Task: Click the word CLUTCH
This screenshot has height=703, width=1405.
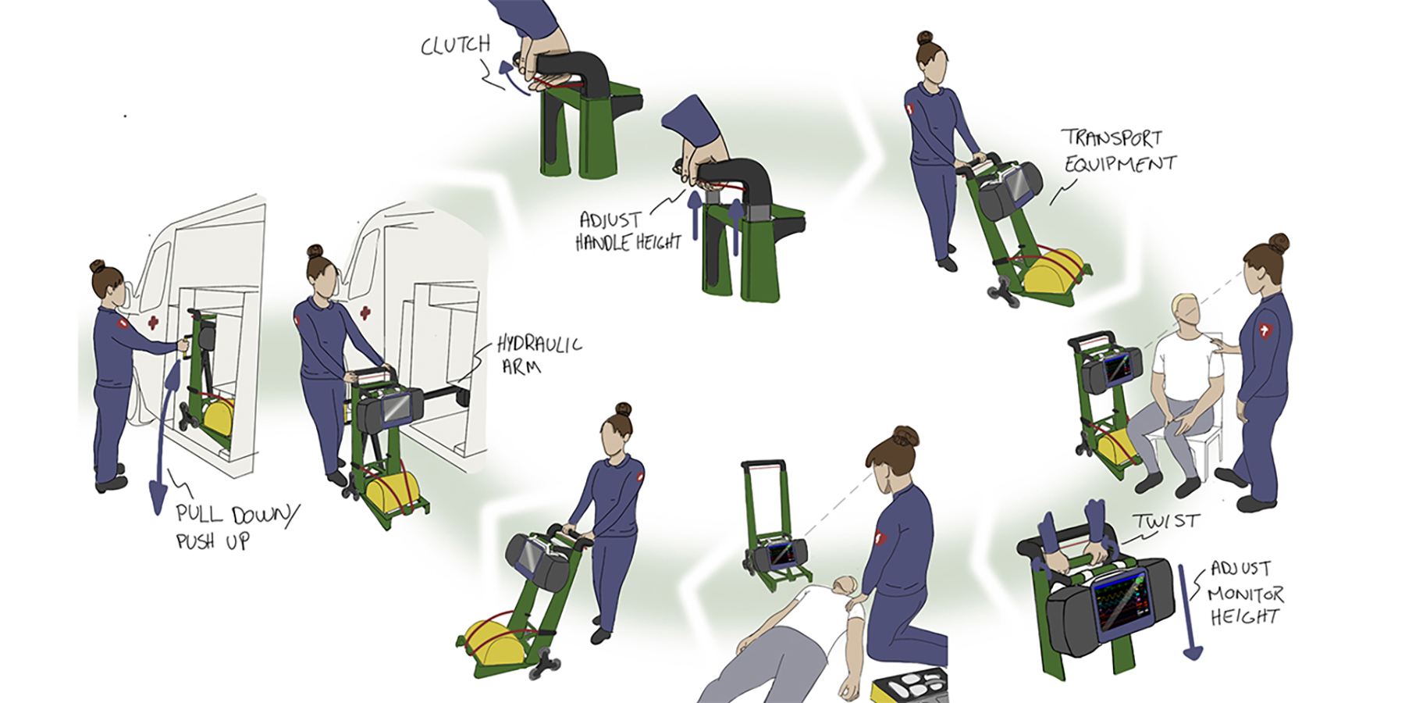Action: tap(455, 45)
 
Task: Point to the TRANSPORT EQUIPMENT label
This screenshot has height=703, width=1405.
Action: tap(1119, 151)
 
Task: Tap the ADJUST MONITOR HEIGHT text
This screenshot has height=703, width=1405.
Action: tap(1244, 592)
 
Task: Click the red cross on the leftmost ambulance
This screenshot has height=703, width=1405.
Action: tap(153, 322)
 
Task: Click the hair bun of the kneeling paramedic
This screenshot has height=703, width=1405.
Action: tap(905, 436)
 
